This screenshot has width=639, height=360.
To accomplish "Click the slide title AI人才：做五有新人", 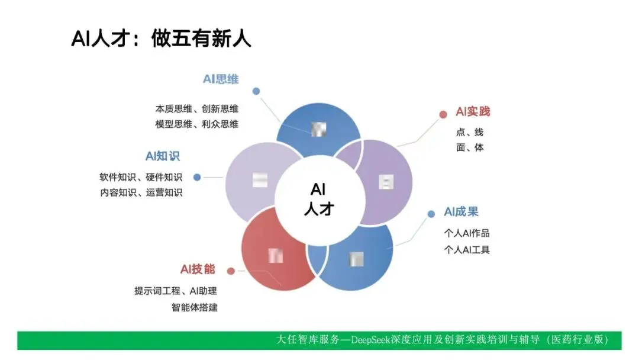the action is pyautogui.click(x=161, y=38).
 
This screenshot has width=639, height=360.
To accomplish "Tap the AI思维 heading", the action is pyautogui.click(x=221, y=79).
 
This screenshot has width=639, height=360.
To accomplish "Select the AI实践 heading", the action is pyautogui.click(x=473, y=112).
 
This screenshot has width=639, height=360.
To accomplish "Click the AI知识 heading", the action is pyautogui.click(x=163, y=156).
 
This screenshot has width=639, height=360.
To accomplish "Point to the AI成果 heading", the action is pyautogui.click(x=461, y=212).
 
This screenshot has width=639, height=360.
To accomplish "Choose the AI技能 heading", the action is pyautogui.click(x=198, y=269).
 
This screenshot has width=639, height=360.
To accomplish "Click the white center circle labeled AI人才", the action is pyautogui.click(x=319, y=199).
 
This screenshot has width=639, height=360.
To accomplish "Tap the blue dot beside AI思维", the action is pyautogui.click(x=256, y=91).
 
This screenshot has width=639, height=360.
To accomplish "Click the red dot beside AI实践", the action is pyautogui.click(x=443, y=114).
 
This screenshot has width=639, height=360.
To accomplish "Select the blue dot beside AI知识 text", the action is pyautogui.click(x=197, y=177).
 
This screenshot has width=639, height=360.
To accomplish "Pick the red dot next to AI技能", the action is pyautogui.click(x=231, y=271).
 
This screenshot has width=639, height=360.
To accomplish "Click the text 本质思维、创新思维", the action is pyautogui.click(x=197, y=109).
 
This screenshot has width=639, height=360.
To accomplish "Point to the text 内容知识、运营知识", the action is pyautogui.click(x=141, y=192).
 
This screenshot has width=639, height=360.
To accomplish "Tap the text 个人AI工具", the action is pyautogui.click(x=467, y=249).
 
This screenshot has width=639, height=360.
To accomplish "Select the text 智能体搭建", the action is pyautogui.click(x=195, y=307).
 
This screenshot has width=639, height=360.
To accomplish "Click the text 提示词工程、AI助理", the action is pyautogui.click(x=176, y=291).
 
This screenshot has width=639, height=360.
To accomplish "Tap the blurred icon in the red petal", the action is pyautogui.click(x=276, y=256).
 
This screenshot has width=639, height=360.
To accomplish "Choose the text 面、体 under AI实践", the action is pyautogui.click(x=470, y=147).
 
